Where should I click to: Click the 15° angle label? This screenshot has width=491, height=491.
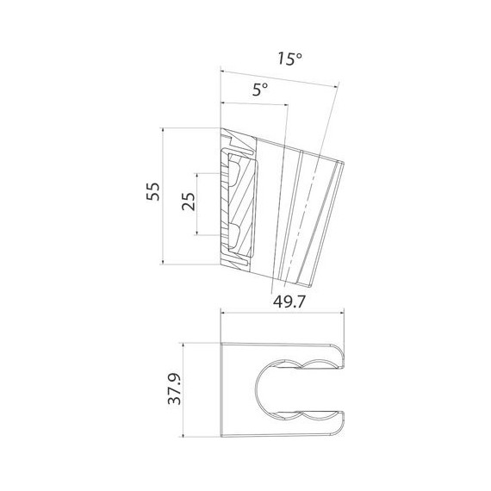pyautogui.click(x=289, y=59)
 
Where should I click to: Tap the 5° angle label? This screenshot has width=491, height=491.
pyautogui.click(x=259, y=90)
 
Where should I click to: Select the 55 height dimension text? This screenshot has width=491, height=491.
pyautogui.click(x=153, y=190)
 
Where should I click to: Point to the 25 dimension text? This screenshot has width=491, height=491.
pyautogui.click(x=189, y=202)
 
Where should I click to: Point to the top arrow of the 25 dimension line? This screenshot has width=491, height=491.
pyautogui.click(x=200, y=176)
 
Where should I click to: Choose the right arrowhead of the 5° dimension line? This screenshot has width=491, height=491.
pyautogui.click(x=284, y=107)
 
